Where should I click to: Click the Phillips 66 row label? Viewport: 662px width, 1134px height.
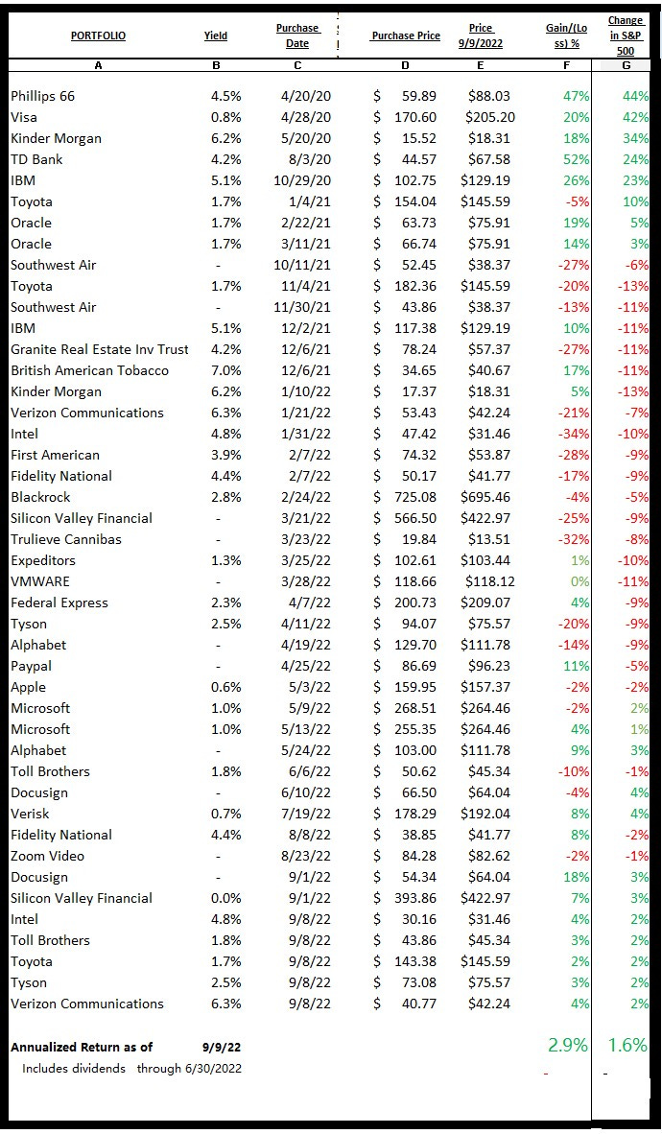click(x=42, y=96)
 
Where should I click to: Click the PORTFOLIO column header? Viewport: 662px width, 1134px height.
click(x=98, y=36)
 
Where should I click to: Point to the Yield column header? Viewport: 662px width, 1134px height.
click(x=216, y=36)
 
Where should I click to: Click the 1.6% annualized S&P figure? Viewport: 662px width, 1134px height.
click(x=627, y=1045)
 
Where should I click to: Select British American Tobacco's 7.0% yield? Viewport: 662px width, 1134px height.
click(x=226, y=370)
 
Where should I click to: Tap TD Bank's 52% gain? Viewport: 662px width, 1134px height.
click(x=578, y=159)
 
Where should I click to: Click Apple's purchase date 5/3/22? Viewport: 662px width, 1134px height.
click(x=311, y=687)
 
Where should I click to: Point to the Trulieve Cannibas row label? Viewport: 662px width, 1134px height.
click(x=66, y=539)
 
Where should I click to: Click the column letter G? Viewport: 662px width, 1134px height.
click(x=626, y=65)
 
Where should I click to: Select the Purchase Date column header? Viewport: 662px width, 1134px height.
click(x=297, y=36)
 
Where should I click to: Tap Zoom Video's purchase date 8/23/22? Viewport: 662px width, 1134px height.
click(x=307, y=856)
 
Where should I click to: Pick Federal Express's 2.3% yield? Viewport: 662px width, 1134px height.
click(x=226, y=602)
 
